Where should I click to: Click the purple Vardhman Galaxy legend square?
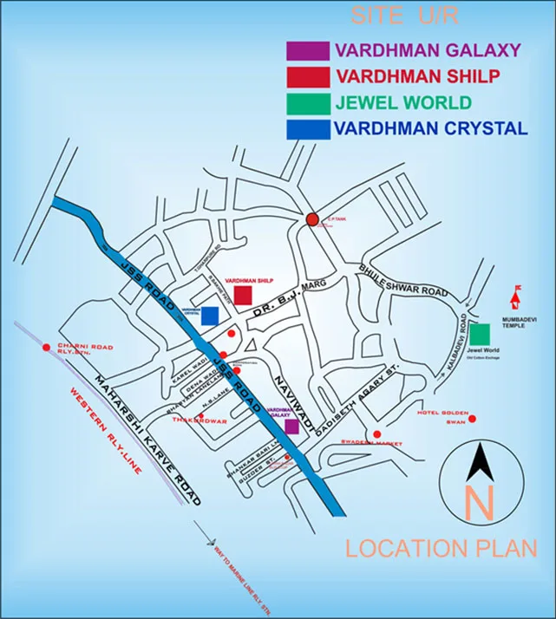[307, 50]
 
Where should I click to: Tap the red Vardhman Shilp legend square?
[307, 76]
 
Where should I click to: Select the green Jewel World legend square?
[307, 102]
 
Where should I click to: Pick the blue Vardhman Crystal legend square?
[307, 129]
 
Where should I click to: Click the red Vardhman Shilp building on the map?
[243, 295]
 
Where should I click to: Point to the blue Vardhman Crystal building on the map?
[209, 316]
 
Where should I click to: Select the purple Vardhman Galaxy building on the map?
[291, 426]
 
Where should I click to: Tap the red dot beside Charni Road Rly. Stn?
[46, 348]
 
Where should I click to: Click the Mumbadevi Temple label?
[520, 322]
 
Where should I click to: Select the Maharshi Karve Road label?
[147, 440]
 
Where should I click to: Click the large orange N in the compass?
[479, 503]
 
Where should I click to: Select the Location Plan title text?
[441, 548]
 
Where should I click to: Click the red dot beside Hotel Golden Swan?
[474, 420]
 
